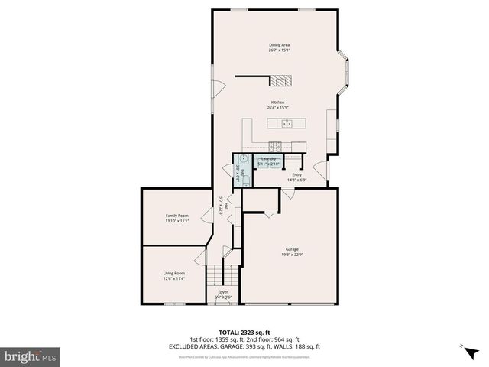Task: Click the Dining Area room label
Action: click(x=279, y=45)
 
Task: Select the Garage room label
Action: click(x=292, y=249)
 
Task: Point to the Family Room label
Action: click(x=177, y=216)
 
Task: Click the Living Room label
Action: click(x=174, y=273)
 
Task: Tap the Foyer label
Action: click(x=223, y=291)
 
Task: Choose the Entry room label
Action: click(x=296, y=175)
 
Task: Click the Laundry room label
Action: click(x=269, y=159)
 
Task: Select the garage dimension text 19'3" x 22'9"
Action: click(x=292, y=255)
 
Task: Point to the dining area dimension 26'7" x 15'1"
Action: click(x=279, y=50)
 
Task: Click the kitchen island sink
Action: click(x=287, y=123)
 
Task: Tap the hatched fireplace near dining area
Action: click(x=283, y=81)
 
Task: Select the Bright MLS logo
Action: click(x=31, y=356)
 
